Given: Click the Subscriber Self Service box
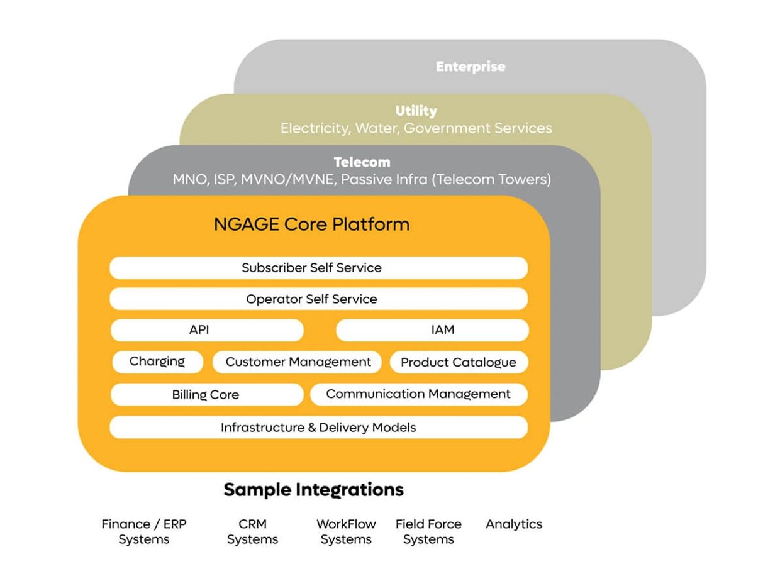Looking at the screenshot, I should pos(318,268).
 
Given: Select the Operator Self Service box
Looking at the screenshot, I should pos(318,299).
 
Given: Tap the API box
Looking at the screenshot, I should pos(207,330).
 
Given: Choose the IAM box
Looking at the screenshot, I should pos(432,330).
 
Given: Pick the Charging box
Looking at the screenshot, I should pos(157,362).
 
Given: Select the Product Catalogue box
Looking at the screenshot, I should pos(459,362).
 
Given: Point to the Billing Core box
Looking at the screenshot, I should pos(206,395).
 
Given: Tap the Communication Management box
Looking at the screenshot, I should pos(418,394).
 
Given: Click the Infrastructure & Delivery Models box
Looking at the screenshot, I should pos(318,428).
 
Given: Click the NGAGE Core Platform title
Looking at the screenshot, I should pos(311,224).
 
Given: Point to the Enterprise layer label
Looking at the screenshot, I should pos(471,66).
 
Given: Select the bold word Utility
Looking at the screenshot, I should pos(416,111).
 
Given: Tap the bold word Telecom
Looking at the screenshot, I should pos(362,162).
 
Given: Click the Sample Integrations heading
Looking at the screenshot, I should pos(313,489).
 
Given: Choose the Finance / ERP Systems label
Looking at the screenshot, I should pos(144,532).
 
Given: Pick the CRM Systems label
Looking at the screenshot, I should pos(252,532).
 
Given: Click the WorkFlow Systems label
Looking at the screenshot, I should pos(346,532).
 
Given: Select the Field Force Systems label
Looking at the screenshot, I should pos(428,532).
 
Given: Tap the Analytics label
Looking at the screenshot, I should pos(514,524).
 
